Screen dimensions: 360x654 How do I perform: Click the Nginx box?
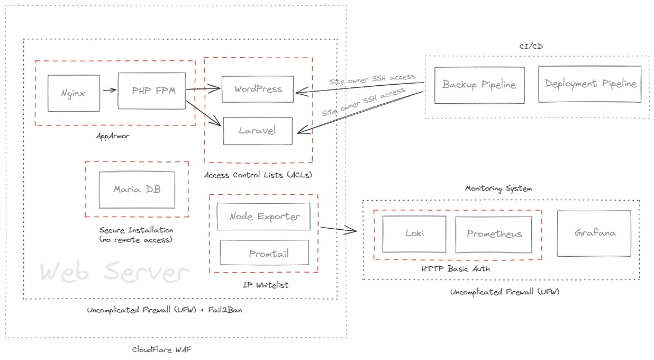coord(74,93)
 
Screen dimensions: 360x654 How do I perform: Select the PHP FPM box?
coord(151,91)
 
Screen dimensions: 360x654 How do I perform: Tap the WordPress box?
coord(258,89)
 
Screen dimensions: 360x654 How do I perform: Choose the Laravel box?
coord(258,130)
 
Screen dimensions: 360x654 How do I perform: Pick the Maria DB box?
coord(137,189)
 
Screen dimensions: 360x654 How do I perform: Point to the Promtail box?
coord(265,253)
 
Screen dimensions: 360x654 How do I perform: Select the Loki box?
coord(414,234)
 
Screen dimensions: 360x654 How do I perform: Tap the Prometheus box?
coord(494,235)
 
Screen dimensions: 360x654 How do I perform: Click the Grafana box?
coord(594,233)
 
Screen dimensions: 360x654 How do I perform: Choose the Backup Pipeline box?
coord(479,85)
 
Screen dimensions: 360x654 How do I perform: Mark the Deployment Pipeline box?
coord(589,84)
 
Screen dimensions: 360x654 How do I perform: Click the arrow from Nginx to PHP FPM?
coord(110,90)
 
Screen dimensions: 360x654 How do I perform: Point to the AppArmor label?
coord(113,136)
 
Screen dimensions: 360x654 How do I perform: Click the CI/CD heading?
coord(531,47)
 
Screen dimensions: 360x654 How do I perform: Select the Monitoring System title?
coord(498,188)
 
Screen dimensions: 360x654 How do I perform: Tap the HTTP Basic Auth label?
coord(456,268)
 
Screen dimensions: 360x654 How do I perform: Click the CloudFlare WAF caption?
coord(159,349)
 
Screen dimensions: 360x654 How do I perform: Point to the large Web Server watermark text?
coord(114,273)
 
